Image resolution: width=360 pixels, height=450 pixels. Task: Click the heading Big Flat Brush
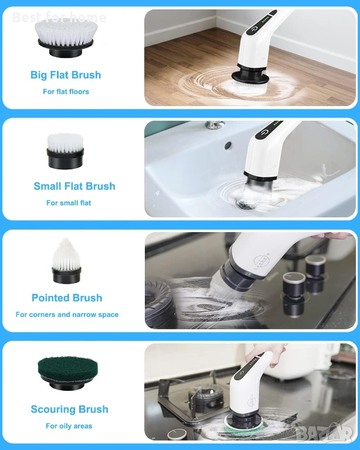click(x=66, y=75)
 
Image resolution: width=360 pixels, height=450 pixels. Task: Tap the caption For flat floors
click(x=66, y=91)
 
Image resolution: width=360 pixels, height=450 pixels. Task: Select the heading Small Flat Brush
click(x=74, y=186)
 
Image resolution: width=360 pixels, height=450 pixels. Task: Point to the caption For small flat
click(x=69, y=203)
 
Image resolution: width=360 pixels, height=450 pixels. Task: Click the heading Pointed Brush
click(x=67, y=298)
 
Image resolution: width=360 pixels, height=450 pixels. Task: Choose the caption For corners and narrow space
click(x=67, y=315)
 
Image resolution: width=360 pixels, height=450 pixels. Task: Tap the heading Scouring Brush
click(x=69, y=409)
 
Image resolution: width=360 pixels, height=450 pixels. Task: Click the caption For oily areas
click(x=69, y=426)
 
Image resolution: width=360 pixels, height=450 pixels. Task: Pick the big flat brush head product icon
click(x=66, y=37)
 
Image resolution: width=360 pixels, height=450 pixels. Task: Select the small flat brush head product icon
click(x=65, y=151)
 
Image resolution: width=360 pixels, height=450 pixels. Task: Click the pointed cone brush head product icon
click(x=66, y=261)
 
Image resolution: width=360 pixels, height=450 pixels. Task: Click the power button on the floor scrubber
click(x=254, y=29)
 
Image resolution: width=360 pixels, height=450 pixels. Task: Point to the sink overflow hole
click(x=228, y=145)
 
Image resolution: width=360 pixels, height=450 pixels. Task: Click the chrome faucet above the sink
click(x=215, y=125)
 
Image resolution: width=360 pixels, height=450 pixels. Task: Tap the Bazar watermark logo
click(x=324, y=433)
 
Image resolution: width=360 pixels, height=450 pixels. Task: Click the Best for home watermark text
click(x=59, y=18)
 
